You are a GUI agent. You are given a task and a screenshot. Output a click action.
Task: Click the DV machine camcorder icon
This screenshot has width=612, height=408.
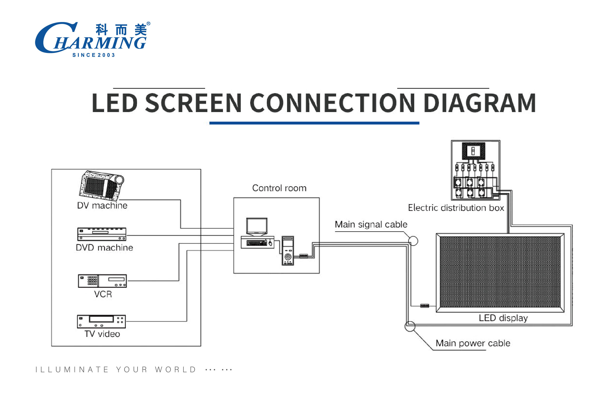pyautogui.click(x=101, y=184)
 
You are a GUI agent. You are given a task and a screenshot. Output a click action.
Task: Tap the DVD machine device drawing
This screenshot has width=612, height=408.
pyautogui.click(x=102, y=234)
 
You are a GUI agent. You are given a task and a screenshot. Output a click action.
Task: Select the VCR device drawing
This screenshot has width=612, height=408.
pyautogui.click(x=102, y=281)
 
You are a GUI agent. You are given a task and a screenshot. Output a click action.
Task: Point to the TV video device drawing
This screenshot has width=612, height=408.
pyautogui.click(x=101, y=322)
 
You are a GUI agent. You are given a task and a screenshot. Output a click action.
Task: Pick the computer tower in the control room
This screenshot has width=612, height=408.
pyautogui.click(x=288, y=251)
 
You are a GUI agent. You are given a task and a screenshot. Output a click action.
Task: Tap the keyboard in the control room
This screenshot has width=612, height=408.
pyautogui.click(x=257, y=243)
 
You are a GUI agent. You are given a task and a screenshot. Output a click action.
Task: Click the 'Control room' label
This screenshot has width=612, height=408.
pyautogui.click(x=279, y=188)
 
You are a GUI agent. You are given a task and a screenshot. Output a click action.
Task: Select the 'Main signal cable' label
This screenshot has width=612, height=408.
pyautogui.click(x=371, y=224)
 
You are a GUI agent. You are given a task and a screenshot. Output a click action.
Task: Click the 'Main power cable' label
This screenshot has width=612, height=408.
pyautogui.click(x=473, y=343)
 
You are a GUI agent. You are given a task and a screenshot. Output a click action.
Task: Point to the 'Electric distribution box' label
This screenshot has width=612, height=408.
pyautogui.click(x=456, y=208)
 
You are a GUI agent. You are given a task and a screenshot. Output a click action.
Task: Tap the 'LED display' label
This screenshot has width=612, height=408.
pyautogui.click(x=503, y=318)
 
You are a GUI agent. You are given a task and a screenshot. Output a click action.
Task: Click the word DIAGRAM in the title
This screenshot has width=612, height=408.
pyautogui.click(x=480, y=103)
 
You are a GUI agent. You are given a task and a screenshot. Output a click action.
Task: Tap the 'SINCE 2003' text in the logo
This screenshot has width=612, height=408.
pyautogui.click(x=94, y=55)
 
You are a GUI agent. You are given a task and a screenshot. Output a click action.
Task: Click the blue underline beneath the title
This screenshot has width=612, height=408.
pyautogui.click(x=314, y=123)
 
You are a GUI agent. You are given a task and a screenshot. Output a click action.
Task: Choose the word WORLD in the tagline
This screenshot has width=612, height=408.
pyautogui.click(x=175, y=370)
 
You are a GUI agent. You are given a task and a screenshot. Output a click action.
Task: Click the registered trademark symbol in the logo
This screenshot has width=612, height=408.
pyautogui.click(x=148, y=23)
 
